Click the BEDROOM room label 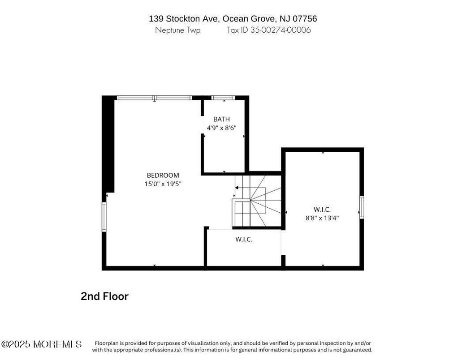[163, 176]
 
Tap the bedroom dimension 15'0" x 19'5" [163, 184]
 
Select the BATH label [221, 119]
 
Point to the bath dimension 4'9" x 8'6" [221, 128]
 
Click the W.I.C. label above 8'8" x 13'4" [322, 210]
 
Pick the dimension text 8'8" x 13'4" [322, 218]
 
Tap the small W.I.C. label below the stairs [244, 240]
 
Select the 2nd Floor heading [104, 296]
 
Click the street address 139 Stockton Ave [184, 19]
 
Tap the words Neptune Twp [177, 30]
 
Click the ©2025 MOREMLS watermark [42, 344]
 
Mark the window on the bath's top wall [223, 98]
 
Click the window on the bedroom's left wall [104, 217]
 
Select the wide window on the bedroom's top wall [155, 98]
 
